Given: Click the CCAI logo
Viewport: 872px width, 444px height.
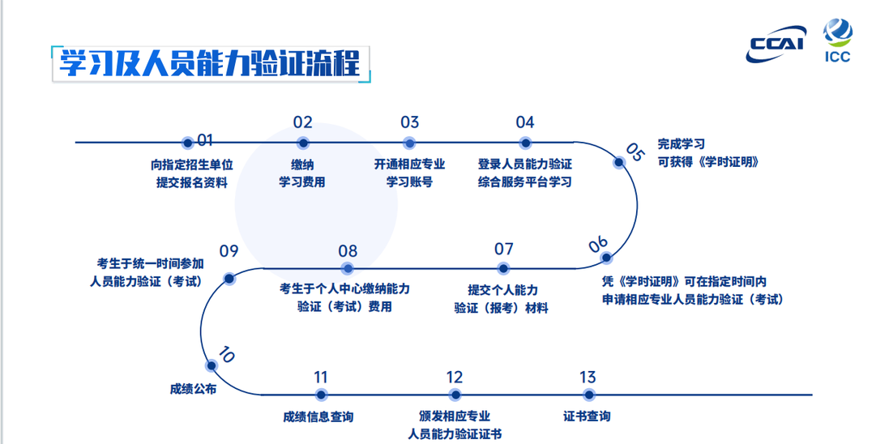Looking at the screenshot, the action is tap(776, 44).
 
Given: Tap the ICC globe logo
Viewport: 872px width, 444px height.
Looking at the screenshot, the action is tap(837, 32).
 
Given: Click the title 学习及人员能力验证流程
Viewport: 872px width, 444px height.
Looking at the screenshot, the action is tap(210, 63).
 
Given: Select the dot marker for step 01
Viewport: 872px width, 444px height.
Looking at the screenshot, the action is tap(188, 143).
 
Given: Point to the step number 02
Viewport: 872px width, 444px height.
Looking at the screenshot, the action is tap(303, 122).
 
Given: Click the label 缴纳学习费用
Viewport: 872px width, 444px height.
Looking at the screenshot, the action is tap(302, 173).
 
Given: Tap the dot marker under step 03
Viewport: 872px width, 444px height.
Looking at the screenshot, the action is tap(410, 143).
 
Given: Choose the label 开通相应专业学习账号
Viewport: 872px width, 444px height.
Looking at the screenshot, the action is tap(410, 173).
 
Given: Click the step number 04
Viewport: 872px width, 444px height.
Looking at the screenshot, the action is tap(525, 122).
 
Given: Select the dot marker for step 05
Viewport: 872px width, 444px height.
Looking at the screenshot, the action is tap(619, 162).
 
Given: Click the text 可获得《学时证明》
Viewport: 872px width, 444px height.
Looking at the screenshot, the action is tap(708, 162).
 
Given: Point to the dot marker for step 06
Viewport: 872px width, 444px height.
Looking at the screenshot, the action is tap(607, 258).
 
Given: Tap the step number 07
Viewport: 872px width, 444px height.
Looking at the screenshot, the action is tap(504, 249).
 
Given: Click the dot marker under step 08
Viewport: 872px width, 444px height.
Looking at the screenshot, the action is tap(348, 269).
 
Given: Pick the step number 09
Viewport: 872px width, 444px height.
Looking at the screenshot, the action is tap(229, 251).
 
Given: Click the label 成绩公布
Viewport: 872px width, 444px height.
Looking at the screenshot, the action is tap(193, 389).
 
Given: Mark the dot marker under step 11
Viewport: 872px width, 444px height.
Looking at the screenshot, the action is tap(321, 395).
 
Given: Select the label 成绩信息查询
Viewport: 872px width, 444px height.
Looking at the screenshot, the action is tap(318, 416).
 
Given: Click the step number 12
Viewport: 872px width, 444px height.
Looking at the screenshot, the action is tap(455, 378).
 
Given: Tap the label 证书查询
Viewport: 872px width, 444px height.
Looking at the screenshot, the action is tap(587, 416).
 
